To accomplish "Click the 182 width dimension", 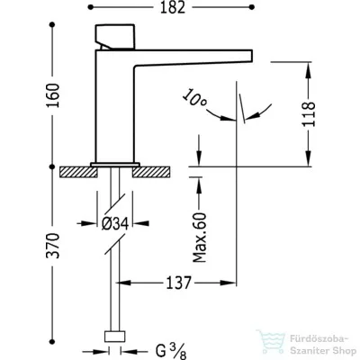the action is (172, 7).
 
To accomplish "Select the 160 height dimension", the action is (53, 95).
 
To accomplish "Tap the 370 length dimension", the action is (53, 246).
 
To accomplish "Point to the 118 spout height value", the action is (309, 114).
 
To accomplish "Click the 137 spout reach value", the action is (178, 283).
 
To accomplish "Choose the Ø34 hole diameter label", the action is (115, 223).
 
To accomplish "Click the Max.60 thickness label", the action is (200, 238).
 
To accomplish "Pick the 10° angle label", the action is (194, 98).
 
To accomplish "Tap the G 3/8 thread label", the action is (171, 351).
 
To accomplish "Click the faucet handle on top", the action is (115, 37).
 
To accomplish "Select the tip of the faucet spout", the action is (252, 56).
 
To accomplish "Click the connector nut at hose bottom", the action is (114, 337).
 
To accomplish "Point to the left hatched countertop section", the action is (78, 172).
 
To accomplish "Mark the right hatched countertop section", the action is (151, 172).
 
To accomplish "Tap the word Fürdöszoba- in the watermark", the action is (319, 339).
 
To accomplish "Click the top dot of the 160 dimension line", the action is (53, 24).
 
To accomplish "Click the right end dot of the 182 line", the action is (252, 7).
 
